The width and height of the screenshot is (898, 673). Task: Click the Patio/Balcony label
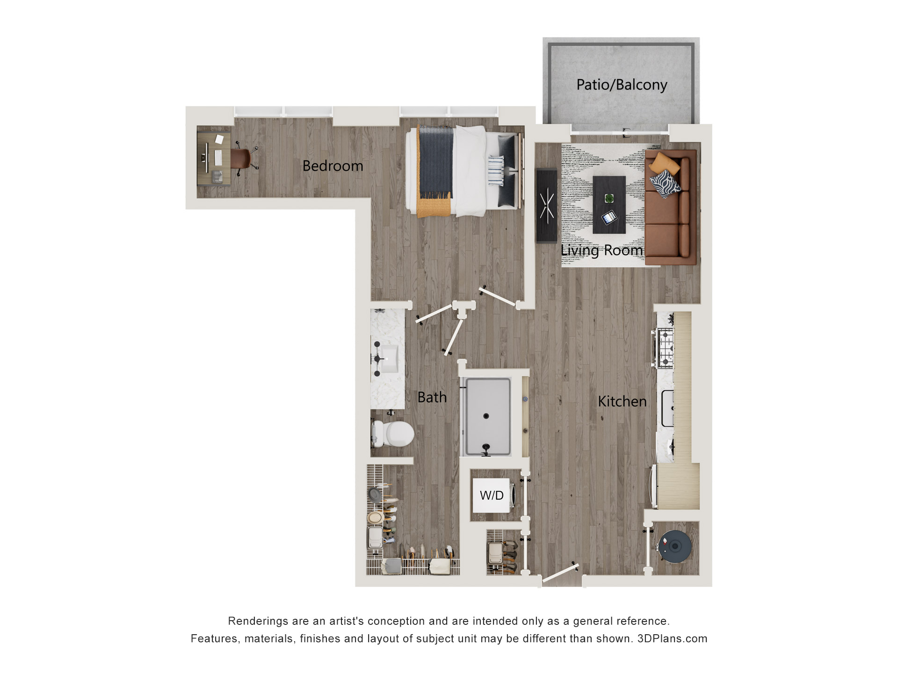tap(622, 85)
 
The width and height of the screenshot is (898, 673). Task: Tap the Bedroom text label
tap(333, 166)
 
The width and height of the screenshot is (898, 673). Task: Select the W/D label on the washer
tap(492, 495)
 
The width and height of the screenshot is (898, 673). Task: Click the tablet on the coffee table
tap(609, 217)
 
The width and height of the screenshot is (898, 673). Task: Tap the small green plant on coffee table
tap(609, 199)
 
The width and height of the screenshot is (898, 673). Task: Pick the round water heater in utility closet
tap(674, 546)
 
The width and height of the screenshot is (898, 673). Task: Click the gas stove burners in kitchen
tap(666, 348)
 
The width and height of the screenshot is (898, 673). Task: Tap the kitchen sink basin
tap(668, 408)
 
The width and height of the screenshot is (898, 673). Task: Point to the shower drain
tap(486, 416)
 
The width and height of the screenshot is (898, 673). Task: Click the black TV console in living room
tap(546, 205)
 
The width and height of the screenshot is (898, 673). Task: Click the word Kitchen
tap(622, 401)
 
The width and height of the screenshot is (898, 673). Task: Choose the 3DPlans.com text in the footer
tap(672, 639)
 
